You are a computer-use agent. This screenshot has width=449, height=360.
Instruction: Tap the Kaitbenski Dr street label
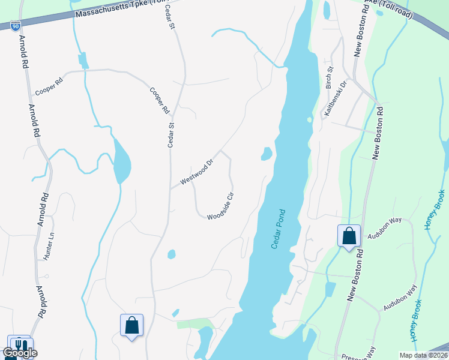click(x=335, y=98)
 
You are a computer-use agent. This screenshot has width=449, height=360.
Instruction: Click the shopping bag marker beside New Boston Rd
click(x=349, y=235)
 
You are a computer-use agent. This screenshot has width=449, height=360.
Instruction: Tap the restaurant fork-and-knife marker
click(x=19, y=345)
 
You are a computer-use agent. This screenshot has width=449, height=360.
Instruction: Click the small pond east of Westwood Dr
click(x=266, y=154)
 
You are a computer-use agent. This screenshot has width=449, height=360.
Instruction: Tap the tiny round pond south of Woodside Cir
click(x=172, y=254)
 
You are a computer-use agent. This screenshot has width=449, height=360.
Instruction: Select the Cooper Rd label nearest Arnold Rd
click(x=49, y=87)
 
